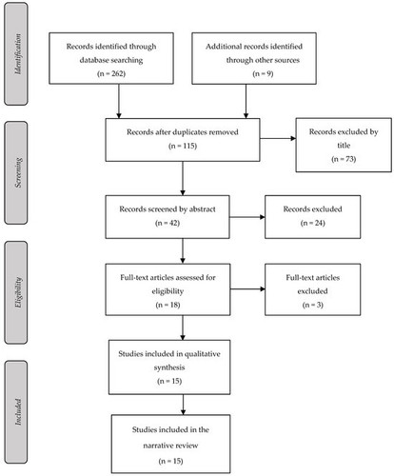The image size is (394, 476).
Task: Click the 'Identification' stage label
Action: (x=18, y=54)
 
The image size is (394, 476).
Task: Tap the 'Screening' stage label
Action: (x=18, y=172)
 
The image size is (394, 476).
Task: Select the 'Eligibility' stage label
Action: (x=18, y=292)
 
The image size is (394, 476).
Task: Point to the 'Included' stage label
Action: (x=18, y=412)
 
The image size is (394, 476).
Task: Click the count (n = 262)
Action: (x=111, y=73)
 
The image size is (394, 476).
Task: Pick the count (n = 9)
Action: (x=263, y=73)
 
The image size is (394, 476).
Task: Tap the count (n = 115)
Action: (x=183, y=146)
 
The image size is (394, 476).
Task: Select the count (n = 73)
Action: (x=344, y=159)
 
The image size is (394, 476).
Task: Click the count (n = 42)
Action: (x=167, y=223)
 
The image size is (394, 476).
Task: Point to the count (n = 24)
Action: (x=313, y=223)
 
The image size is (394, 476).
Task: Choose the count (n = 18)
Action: (x=167, y=305)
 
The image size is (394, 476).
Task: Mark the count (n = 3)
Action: (x=313, y=305)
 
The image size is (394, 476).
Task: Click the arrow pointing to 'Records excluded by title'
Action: (x=278, y=138)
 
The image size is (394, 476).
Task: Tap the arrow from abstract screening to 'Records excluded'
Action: (x=247, y=217)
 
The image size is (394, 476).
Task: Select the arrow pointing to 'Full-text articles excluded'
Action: (x=247, y=288)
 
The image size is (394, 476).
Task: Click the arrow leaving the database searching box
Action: (x=119, y=101)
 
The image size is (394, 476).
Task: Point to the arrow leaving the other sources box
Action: (x=246, y=101)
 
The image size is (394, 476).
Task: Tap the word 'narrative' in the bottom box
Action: (x=157, y=446)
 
